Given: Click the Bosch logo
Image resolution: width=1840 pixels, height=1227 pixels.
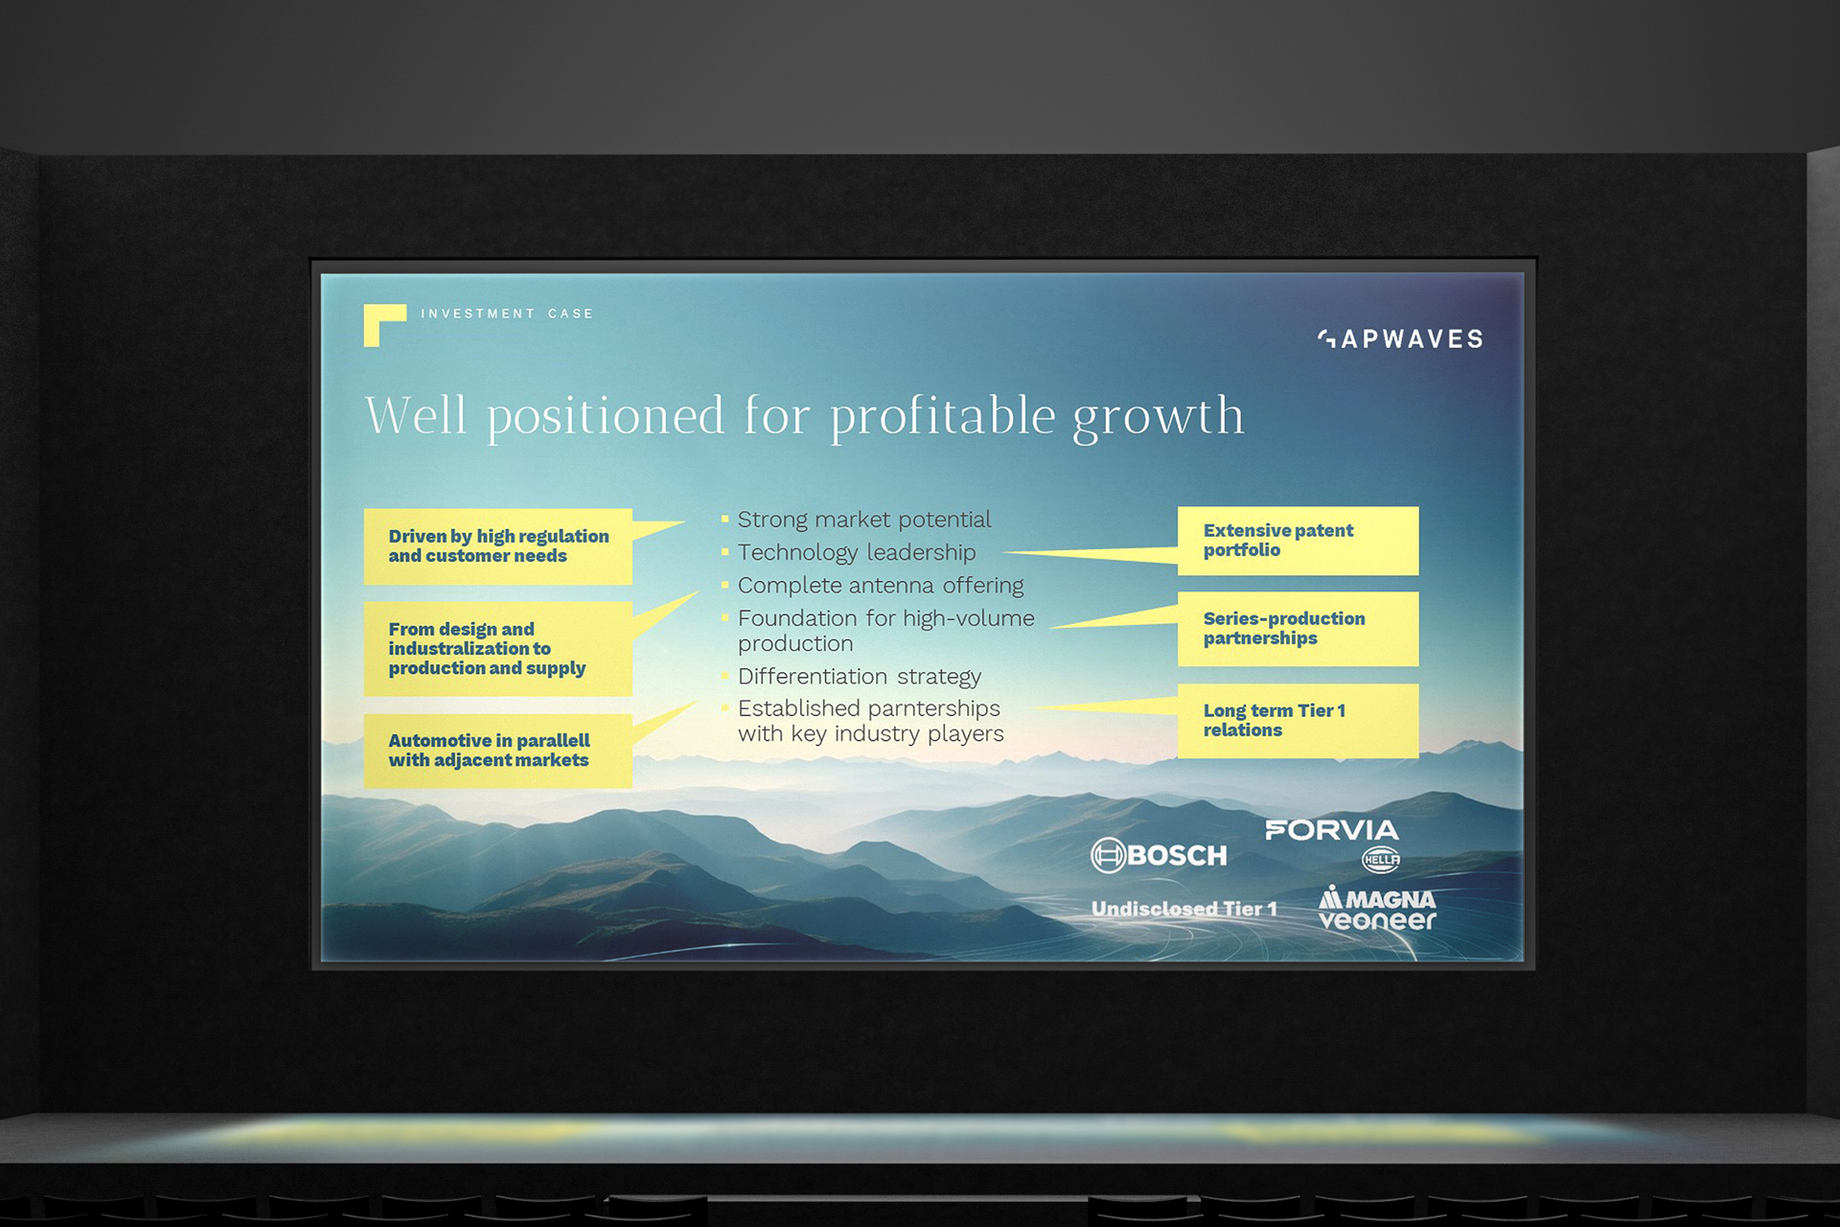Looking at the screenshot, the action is [x=1159, y=855].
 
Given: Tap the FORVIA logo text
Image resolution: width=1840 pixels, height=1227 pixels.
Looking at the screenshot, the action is [x=1332, y=830].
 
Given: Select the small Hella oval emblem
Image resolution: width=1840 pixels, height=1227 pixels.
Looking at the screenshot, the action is [x=1381, y=860].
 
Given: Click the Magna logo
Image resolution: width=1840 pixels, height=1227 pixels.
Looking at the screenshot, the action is [x=1377, y=898].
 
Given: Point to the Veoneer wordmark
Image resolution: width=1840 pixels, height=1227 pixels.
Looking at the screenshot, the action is [x=1377, y=920].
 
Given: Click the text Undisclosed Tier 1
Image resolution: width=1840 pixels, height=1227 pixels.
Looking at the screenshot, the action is [x=1184, y=909].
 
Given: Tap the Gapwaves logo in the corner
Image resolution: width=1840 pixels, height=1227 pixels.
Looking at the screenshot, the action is [x=1400, y=338].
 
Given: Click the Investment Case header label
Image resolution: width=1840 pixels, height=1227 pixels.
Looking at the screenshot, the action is [x=507, y=313].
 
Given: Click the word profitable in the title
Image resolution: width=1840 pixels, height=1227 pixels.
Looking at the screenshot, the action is [x=943, y=416].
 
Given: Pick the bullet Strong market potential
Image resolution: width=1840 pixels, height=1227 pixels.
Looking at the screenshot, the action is [x=864, y=520].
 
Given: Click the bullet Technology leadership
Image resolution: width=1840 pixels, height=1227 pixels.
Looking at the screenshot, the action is [x=857, y=553].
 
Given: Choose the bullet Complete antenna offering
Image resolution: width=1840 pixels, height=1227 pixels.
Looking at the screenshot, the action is [x=881, y=586].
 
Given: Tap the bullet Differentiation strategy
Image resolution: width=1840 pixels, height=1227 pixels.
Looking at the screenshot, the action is [x=860, y=677].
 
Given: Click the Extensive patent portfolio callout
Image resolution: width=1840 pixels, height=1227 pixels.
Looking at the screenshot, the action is [x=1298, y=541].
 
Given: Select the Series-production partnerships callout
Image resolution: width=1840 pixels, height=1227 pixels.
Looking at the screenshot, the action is [x=1298, y=629].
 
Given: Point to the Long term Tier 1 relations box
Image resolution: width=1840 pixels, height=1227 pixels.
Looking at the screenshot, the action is [x=1298, y=721].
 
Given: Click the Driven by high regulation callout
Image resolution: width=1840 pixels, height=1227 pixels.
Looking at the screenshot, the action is [x=498, y=546].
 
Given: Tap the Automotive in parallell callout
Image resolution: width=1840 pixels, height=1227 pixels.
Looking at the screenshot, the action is [x=498, y=751].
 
